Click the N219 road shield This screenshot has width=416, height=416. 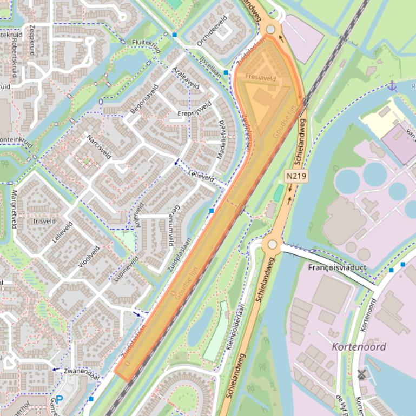coord(293,176)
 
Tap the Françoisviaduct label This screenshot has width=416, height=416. coord(337,267)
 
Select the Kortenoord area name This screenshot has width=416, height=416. coord(359,347)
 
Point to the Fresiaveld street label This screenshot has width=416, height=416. coord(260,78)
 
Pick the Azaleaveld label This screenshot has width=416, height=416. coord(186,78)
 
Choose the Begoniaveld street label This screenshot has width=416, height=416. coord(144,99)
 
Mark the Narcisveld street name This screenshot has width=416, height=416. coord(98,147)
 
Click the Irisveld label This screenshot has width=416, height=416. coord(44,221)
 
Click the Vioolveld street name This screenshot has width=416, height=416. coord(89,257)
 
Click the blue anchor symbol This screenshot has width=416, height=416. coord(392,85)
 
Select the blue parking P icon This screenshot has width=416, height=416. coord(59,400)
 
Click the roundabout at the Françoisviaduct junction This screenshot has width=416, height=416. coord(272,245)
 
